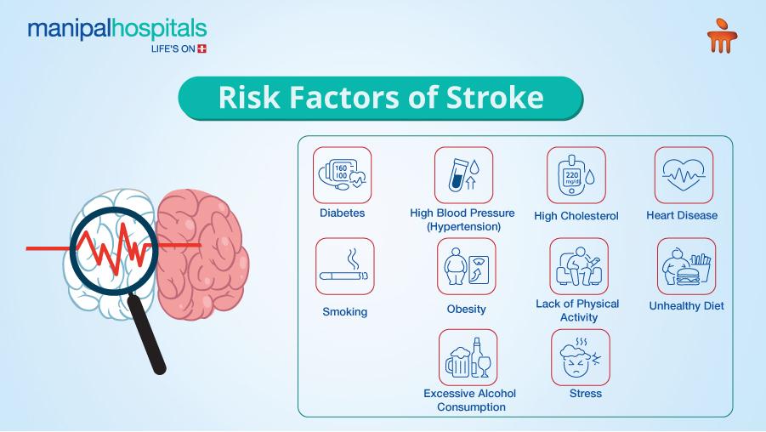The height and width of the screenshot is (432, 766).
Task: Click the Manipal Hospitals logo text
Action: pyautogui.click(x=116, y=29)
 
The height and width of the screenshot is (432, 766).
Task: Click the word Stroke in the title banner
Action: pyautogui.click(x=494, y=98)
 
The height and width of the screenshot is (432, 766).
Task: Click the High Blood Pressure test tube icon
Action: pyautogui.click(x=463, y=175)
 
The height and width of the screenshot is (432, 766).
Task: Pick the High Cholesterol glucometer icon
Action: pyautogui.click(x=576, y=175)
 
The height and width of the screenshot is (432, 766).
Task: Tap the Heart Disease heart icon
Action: pyautogui.click(x=683, y=175)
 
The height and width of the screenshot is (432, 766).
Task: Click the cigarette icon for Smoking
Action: pyautogui.click(x=344, y=266)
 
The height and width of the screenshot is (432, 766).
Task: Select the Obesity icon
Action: pyautogui.click(x=466, y=266)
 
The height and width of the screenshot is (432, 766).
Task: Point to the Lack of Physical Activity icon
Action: pyautogui.click(x=578, y=266)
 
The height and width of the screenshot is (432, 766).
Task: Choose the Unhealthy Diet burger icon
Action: pyautogui.click(x=686, y=266)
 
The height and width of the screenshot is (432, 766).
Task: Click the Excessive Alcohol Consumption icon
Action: pyautogui.click(x=468, y=358)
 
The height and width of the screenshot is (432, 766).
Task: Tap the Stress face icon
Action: pyautogui.click(x=581, y=358)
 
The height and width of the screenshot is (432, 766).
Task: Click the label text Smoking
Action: pyautogui.click(x=344, y=312)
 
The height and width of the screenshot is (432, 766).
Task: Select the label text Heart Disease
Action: pyautogui.click(x=681, y=215)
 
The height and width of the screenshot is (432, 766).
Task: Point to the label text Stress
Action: pyautogui.click(x=585, y=394)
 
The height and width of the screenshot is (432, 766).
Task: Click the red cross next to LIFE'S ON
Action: pyautogui.click(x=201, y=48)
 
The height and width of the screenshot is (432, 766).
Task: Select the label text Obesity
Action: pyautogui.click(x=466, y=309)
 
